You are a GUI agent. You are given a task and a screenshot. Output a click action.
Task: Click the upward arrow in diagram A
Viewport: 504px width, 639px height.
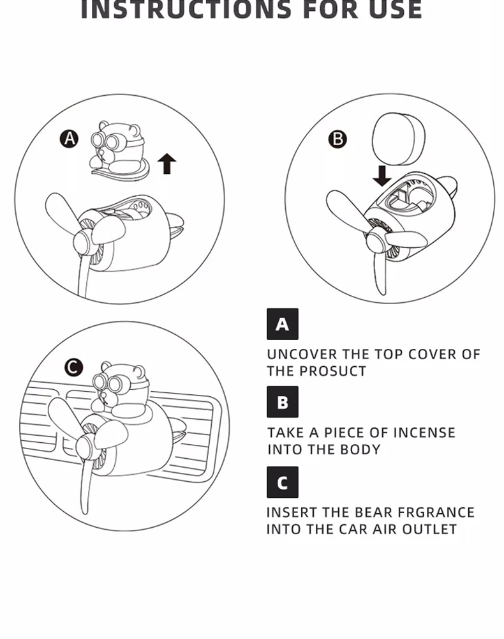(x=167, y=164)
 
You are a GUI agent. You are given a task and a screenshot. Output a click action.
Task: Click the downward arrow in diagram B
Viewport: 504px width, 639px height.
(x=382, y=175)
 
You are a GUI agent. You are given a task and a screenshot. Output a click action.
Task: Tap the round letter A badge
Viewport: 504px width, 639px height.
(x=70, y=139)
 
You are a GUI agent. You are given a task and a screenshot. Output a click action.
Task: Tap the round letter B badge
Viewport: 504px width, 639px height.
(x=337, y=139)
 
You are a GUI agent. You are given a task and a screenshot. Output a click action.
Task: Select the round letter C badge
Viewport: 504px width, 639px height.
(x=73, y=367)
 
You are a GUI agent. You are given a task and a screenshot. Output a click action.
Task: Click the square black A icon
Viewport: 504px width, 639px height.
(x=283, y=324)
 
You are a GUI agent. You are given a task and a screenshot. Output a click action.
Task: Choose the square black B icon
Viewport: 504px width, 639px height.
(x=283, y=402)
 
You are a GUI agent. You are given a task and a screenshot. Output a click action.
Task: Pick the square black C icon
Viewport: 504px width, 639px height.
(x=283, y=482)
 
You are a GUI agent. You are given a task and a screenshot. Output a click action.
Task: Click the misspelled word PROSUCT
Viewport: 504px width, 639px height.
(x=333, y=371)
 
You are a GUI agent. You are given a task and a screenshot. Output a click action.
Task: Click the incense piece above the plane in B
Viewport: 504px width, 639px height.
(x=399, y=139)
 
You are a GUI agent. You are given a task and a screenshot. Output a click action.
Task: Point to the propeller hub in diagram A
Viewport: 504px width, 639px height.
(x=85, y=242)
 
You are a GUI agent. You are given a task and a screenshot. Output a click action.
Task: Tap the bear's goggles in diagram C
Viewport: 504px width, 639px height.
(x=107, y=383)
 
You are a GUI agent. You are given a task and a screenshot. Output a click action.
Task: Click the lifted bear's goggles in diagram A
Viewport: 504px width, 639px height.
(x=104, y=141)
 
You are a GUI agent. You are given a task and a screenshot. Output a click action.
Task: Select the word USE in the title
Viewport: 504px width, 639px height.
(x=396, y=10)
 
